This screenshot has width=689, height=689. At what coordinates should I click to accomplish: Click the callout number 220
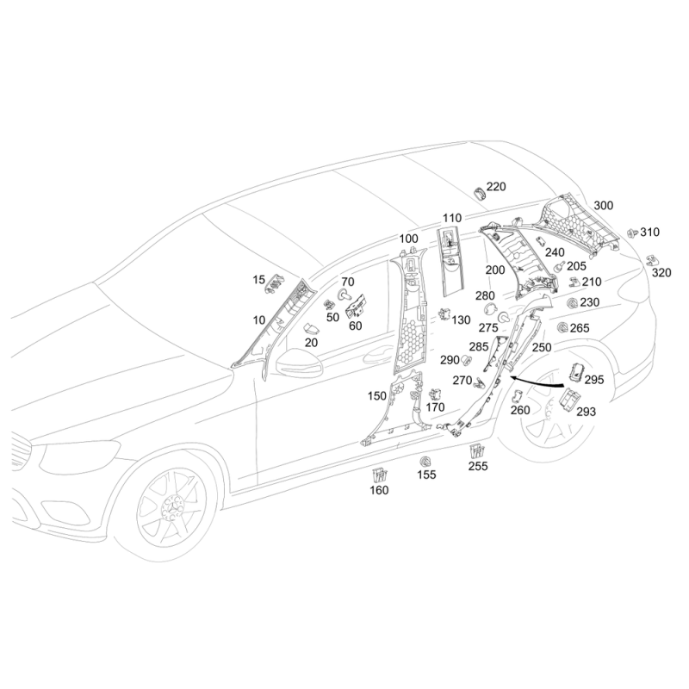(x=496, y=187)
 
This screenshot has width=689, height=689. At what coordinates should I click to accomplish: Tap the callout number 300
(x=604, y=206)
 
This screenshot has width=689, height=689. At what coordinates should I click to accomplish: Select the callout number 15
(x=259, y=280)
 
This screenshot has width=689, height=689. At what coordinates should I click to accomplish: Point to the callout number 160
(x=379, y=491)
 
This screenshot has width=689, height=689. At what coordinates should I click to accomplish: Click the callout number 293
(x=586, y=412)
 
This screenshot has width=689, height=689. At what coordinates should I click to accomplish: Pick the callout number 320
(x=661, y=273)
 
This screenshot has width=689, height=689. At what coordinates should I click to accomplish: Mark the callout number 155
(x=427, y=475)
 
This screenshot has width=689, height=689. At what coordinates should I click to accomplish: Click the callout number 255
(x=478, y=467)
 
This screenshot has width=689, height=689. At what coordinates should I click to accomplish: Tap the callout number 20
(x=311, y=342)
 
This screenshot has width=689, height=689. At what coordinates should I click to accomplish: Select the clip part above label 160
(x=379, y=473)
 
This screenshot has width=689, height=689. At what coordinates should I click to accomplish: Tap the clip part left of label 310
(x=631, y=233)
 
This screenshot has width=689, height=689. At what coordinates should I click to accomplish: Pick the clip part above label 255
(x=476, y=450)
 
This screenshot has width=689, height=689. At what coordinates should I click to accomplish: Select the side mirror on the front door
(x=297, y=363)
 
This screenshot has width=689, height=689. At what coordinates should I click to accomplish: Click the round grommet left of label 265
(x=562, y=327)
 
